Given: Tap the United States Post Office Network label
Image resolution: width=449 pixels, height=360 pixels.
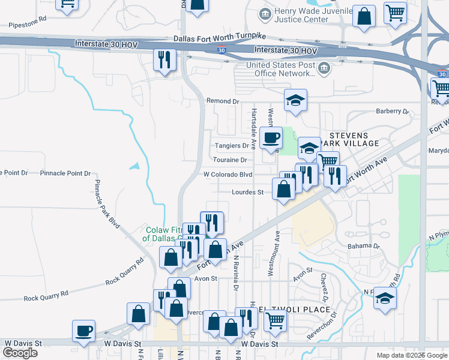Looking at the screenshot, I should tap(281, 69).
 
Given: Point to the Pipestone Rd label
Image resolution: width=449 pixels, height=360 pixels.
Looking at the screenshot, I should tap(28, 26).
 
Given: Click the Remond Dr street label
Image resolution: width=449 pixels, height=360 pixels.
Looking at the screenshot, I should tap(222, 101).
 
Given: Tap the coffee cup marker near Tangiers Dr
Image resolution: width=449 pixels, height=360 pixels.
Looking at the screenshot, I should tap(271, 137).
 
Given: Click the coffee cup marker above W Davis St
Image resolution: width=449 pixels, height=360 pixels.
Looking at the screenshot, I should tap(83, 331).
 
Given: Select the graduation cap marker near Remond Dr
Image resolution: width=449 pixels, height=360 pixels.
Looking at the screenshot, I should tap(295, 100).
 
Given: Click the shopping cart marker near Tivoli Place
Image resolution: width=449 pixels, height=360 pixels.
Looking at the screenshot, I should tap(275, 320).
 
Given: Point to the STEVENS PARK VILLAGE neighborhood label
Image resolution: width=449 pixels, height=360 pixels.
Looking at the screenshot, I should tap(352, 139).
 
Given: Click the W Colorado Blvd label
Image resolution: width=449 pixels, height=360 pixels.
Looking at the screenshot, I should tap(228, 175).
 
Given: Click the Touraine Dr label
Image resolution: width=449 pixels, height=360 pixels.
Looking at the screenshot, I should tap(230, 160).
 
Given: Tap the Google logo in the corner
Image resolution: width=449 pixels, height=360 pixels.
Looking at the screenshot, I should tap(20, 353).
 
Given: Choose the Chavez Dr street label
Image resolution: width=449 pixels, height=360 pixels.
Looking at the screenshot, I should tap(324, 288).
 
